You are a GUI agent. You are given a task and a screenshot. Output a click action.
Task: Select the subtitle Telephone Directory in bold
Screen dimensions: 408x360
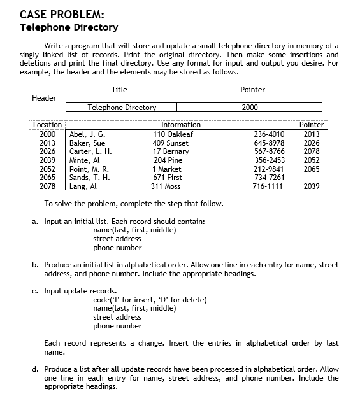coord(69,27)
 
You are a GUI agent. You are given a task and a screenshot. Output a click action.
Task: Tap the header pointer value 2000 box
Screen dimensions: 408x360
coord(250,108)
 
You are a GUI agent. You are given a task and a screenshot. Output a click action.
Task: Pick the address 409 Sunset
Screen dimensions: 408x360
coord(173,143)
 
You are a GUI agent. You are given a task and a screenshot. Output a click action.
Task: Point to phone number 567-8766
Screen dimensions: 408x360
coord(269,151)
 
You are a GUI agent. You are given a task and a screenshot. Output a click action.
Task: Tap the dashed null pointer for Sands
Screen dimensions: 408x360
coord(312,178)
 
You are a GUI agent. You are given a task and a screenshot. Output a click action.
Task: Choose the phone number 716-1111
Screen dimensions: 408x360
coord(269,186)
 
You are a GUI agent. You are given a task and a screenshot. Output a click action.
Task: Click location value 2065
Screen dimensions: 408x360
coord(48,178)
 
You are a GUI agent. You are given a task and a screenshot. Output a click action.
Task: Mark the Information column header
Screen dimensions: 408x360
coord(181,125)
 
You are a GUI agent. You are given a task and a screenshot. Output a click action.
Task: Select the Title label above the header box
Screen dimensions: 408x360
coord(119,90)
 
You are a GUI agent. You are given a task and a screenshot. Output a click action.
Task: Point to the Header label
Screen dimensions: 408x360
coord(44,98)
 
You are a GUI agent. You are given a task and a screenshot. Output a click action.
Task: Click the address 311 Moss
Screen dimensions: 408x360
coord(165,186)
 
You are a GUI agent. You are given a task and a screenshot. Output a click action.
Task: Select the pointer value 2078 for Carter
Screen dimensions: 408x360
coord(312,151)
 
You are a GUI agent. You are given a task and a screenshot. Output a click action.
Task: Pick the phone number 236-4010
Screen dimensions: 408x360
coord(269,134)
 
